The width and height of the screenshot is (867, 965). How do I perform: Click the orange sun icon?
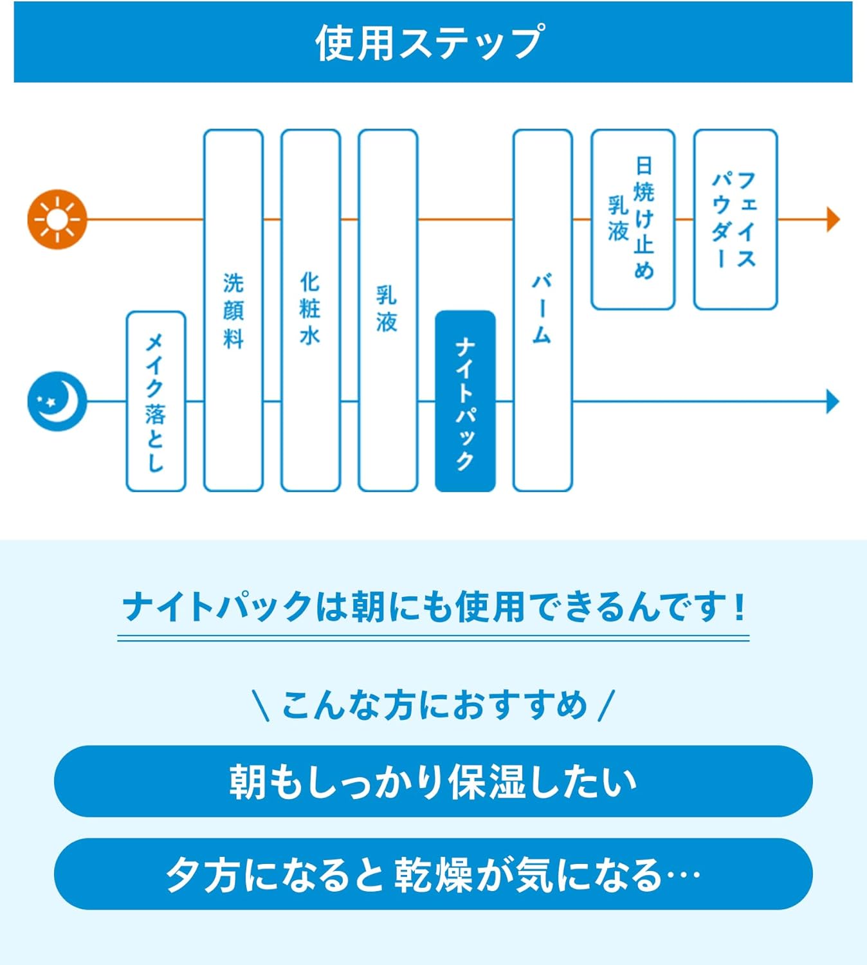tap(57, 219)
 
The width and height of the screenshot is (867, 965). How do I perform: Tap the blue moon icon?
tap(57, 401)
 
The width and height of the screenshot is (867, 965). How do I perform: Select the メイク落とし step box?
tap(156, 401)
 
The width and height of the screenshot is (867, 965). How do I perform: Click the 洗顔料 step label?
tap(233, 311)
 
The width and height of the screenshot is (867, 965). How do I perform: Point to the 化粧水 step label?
tap(310, 309)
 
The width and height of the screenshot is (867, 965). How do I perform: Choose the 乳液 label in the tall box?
tap(387, 309)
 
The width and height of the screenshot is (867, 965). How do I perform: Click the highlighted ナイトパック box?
tap(465, 401)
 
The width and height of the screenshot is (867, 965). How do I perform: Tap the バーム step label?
tap(542, 309)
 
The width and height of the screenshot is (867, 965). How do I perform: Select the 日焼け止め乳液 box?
tap(632, 219)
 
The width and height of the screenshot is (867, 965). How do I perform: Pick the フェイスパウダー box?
tap(735, 219)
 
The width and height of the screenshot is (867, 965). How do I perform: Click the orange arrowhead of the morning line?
tap(833, 219)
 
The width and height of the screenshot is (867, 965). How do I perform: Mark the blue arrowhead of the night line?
tap(833, 401)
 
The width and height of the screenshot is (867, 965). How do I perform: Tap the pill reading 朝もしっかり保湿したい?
tap(433, 781)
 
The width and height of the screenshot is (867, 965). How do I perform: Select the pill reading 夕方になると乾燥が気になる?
tap(433, 874)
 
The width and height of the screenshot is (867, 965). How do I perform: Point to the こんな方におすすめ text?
tap(434, 705)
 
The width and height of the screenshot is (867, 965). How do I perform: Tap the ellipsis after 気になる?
tap(683, 875)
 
